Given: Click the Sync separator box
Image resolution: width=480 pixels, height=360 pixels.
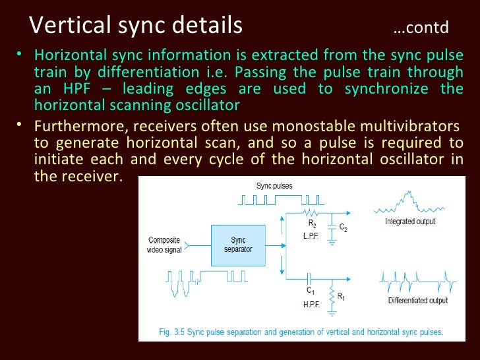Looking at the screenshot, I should click(238, 245).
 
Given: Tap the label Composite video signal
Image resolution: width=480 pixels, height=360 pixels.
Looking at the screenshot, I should click(164, 245).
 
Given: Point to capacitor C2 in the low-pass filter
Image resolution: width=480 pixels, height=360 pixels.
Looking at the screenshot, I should click(335, 227).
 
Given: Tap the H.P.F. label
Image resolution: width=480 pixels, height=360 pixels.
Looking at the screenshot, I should click(312, 304).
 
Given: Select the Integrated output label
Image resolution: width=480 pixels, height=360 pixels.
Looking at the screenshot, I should click(410, 222).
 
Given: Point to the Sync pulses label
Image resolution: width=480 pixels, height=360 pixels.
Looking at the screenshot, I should click(274, 186).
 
